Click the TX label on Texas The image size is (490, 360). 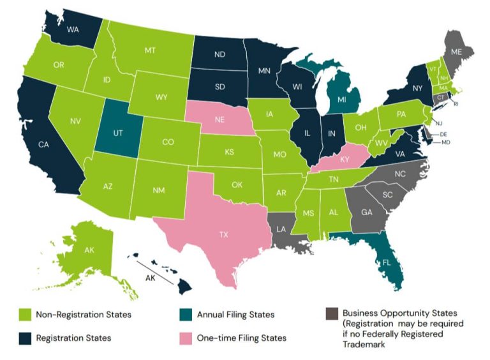[224, 235]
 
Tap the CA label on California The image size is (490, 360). [44, 145]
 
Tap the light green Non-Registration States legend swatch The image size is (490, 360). [23, 315]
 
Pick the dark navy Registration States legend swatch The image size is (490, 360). [23, 338]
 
